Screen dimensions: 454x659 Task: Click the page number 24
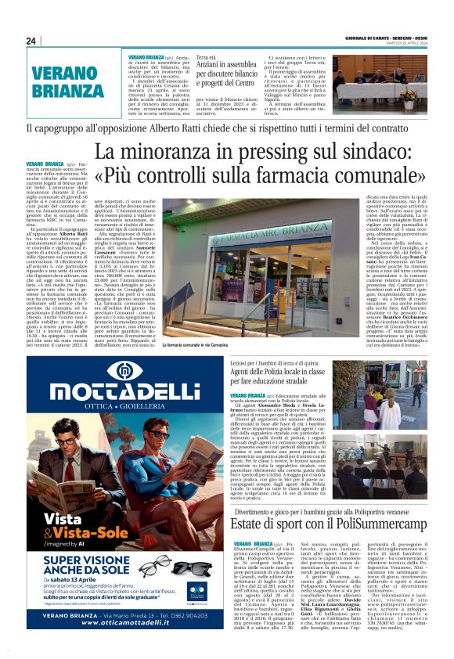click(31, 41)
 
